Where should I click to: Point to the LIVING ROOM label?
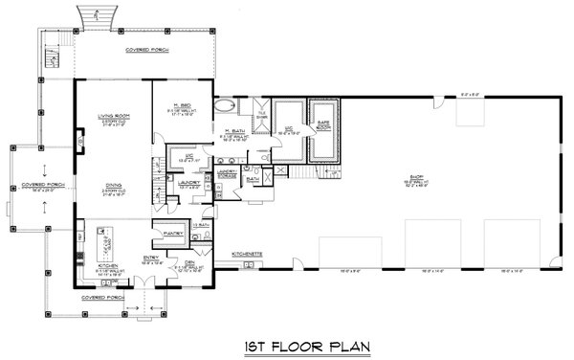113,118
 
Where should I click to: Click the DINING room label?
113,190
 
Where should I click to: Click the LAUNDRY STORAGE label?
228,173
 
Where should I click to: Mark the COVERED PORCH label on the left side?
38,189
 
